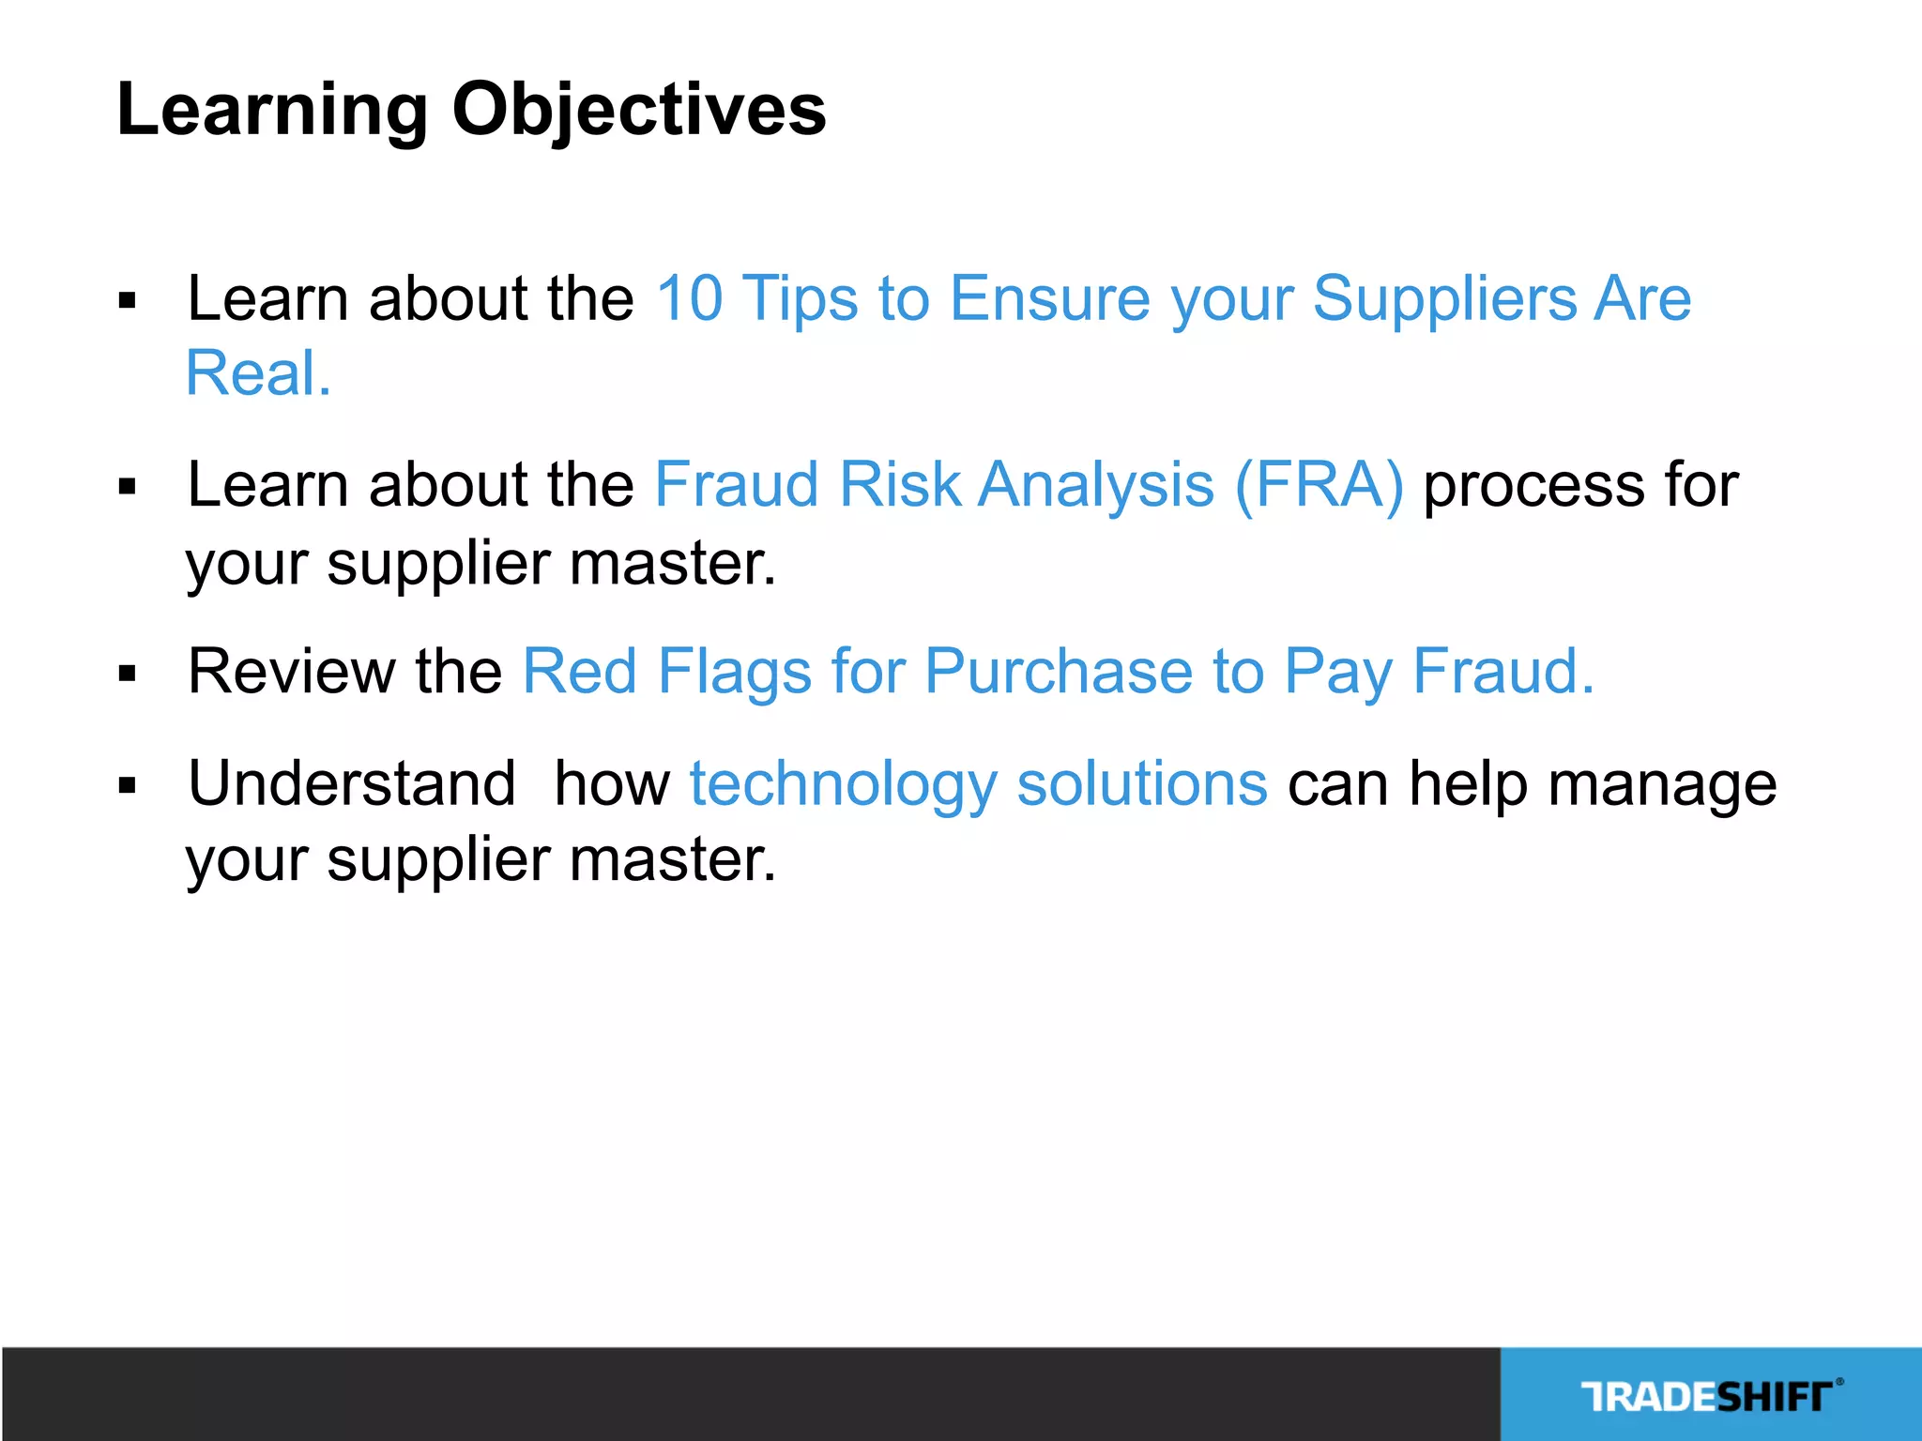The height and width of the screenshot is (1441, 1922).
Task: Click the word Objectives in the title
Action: (x=639, y=111)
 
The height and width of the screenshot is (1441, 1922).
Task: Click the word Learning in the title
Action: (x=273, y=111)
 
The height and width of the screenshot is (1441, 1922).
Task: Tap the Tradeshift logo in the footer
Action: (x=1710, y=1396)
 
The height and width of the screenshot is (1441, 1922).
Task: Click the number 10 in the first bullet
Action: (x=689, y=299)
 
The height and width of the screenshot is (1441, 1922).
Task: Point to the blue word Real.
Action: (x=258, y=374)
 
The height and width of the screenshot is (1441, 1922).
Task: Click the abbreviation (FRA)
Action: (x=1319, y=485)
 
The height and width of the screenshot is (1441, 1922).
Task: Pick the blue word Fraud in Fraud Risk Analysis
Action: (x=737, y=485)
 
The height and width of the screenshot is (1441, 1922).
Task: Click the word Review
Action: (x=292, y=672)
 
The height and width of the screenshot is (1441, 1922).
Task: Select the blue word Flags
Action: (x=734, y=672)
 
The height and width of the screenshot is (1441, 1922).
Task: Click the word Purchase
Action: (x=1059, y=672)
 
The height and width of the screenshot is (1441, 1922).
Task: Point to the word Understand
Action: (x=352, y=783)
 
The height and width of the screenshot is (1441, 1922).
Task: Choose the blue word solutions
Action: (x=1142, y=783)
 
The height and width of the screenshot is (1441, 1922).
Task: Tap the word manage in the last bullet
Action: (x=1662, y=783)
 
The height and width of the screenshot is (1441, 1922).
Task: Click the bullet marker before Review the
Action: (x=128, y=674)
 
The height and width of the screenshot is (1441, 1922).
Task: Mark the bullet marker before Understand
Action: (x=128, y=785)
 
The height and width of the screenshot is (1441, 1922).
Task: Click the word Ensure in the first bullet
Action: (x=1050, y=299)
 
